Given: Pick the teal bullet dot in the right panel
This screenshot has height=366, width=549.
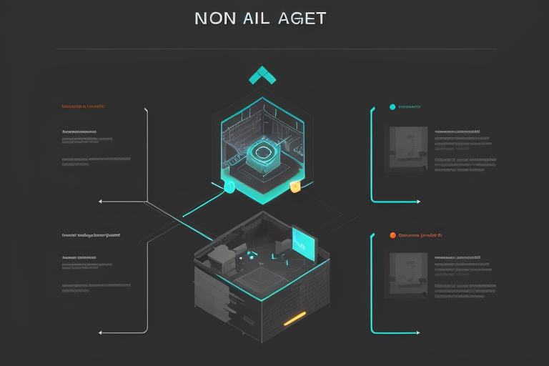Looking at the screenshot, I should [392, 107].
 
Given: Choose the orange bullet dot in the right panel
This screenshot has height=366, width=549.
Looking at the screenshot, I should [392, 234].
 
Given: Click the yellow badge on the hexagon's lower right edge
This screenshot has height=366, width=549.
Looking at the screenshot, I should [295, 187].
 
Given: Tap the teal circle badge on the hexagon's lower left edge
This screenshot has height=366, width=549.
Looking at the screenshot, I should [229, 187].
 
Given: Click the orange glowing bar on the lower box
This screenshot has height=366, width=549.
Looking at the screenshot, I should [295, 318].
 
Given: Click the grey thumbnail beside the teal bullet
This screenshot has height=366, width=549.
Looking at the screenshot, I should [407, 149].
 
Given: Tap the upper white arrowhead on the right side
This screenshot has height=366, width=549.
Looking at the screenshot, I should [417, 202].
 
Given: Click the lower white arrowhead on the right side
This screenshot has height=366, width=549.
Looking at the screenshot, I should [417, 332].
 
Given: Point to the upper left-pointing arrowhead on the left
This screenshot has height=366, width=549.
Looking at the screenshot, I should [101, 202].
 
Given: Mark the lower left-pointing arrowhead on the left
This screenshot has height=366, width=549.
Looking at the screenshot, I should [101, 332].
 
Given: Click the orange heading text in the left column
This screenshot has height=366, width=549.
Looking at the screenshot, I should [84, 107].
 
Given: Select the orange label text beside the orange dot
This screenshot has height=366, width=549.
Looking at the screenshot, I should [422, 234].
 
